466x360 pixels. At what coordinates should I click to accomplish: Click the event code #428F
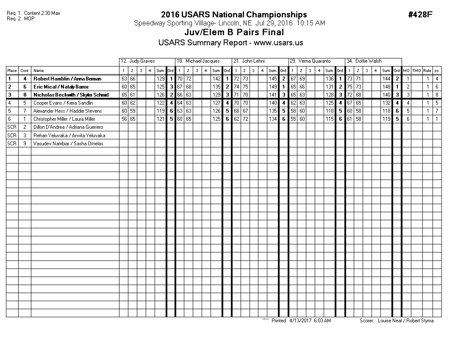(420, 15)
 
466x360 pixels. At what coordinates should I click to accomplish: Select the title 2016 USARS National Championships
(234, 15)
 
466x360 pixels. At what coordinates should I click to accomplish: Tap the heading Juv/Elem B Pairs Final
(234, 33)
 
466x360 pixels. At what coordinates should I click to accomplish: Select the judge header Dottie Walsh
(368, 61)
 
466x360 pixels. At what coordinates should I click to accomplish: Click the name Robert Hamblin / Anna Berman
(67, 79)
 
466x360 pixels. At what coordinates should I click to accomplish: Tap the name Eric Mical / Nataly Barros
(61, 87)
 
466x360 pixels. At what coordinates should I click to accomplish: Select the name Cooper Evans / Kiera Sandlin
(63, 103)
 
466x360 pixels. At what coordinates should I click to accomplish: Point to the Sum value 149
(273, 87)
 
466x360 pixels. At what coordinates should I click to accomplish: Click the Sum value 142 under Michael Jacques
(216, 79)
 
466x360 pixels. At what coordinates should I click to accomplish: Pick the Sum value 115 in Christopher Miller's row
(329, 119)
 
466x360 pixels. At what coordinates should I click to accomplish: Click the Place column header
(12, 71)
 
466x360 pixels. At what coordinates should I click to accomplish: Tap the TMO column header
(416, 71)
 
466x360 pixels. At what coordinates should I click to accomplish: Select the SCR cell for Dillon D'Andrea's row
(12, 127)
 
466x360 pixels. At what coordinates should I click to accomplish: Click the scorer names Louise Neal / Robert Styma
(405, 321)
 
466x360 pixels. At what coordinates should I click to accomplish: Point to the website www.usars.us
(278, 43)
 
